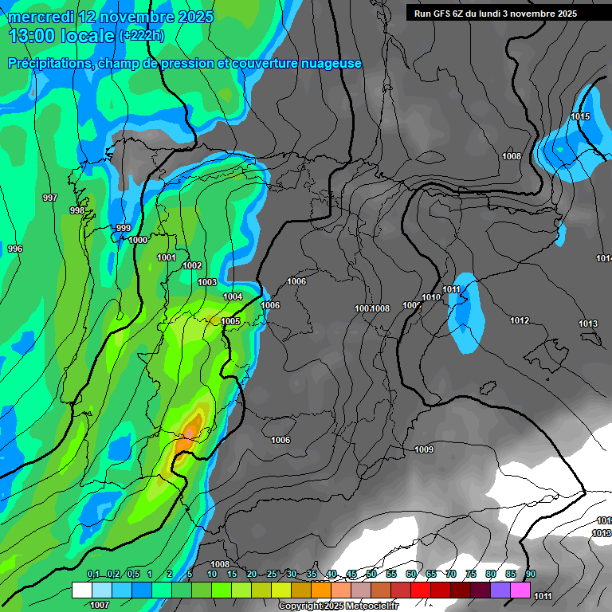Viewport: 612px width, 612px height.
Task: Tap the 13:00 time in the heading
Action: pyautogui.click(x=33, y=35)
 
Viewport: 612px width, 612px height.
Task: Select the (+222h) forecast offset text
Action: pyautogui.click(x=141, y=36)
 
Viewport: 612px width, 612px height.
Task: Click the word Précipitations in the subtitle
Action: pyautogui.click(x=47, y=64)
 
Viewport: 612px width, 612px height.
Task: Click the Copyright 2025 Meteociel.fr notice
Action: pyautogui.click(x=338, y=606)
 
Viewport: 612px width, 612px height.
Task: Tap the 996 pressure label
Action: pyautogui.click(x=15, y=249)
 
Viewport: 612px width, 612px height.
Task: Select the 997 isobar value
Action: pyautogui.click(x=50, y=198)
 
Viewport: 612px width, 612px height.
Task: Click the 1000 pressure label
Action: pyautogui.click(x=138, y=240)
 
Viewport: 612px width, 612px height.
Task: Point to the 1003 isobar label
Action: pyautogui.click(x=207, y=282)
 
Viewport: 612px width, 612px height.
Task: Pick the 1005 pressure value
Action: pyautogui.click(x=231, y=321)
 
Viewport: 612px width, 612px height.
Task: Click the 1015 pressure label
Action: pyautogui.click(x=580, y=117)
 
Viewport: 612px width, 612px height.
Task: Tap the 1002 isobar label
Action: pyautogui.click(x=192, y=265)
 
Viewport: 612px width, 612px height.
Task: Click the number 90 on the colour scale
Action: pyautogui.click(x=531, y=575)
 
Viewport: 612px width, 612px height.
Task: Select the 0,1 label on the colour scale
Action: pyautogui.click(x=93, y=575)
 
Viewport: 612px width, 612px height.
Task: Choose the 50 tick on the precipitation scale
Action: pyautogui.click(x=371, y=575)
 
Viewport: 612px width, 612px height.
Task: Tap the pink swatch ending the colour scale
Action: pyautogui.click(x=520, y=590)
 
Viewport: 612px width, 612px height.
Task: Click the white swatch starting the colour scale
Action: pyautogui.click(x=81, y=590)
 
